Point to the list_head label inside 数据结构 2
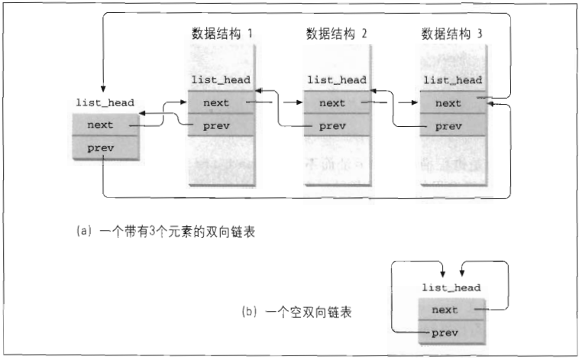[x=335, y=79]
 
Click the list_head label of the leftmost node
[x=105, y=102]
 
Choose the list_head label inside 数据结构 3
[x=451, y=79]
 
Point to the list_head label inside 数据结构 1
[x=220, y=79]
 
